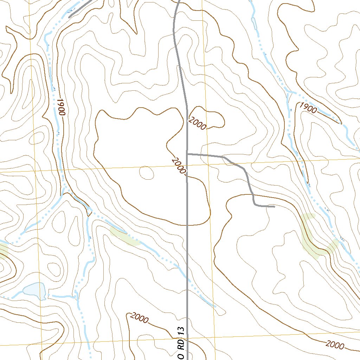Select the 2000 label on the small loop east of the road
[197, 124]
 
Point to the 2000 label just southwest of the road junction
[178, 166]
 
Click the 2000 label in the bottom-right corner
[335, 345]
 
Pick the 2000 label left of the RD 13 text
[139, 318]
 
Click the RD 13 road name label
[181, 343]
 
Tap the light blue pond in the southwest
[34, 290]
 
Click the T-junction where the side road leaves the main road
[187, 154]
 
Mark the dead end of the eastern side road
[274, 207]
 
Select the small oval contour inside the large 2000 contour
[147, 172]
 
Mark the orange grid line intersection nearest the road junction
[208, 164]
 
